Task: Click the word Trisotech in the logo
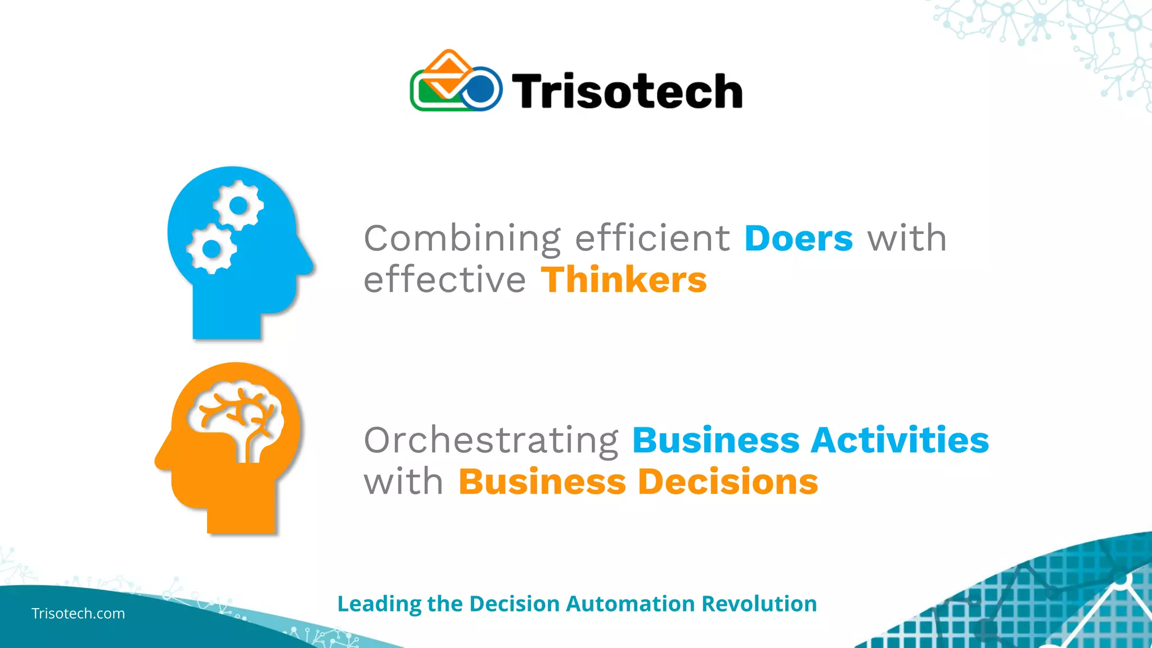(627, 91)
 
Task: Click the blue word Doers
(798, 238)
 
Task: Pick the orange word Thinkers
(623, 280)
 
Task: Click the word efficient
(652, 238)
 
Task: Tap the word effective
(444, 280)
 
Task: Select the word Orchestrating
(491, 440)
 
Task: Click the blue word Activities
(899, 440)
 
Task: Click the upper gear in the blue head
(238, 206)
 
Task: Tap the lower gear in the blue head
(211, 248)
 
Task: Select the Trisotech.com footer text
(78, 613)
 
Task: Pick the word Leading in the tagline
(379, 604)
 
